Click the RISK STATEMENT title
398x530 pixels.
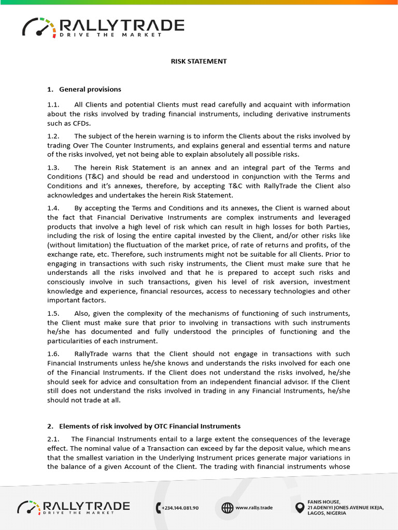[199, 61]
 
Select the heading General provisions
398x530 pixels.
[90, 89]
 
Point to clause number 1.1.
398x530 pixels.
[53, 105]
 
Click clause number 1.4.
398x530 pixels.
[53, 208]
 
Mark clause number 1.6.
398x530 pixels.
[53, 354]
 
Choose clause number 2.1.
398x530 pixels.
[53, 439]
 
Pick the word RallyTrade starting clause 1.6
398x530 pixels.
[91, 354]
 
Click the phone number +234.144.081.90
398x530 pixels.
[180, 508]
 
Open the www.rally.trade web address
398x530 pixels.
[254, 508]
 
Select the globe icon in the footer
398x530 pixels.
[227, 508]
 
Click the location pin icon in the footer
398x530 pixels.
[299, 508]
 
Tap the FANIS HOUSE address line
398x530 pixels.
[324, 502]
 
